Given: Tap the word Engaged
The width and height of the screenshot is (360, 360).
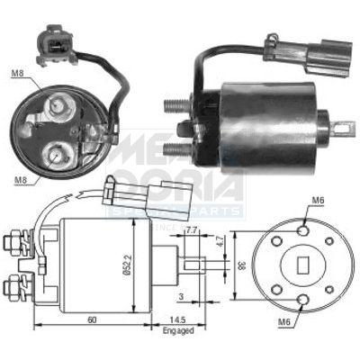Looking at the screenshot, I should pos(175,331).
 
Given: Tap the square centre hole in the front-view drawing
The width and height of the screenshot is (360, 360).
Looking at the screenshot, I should pos(302,265).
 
